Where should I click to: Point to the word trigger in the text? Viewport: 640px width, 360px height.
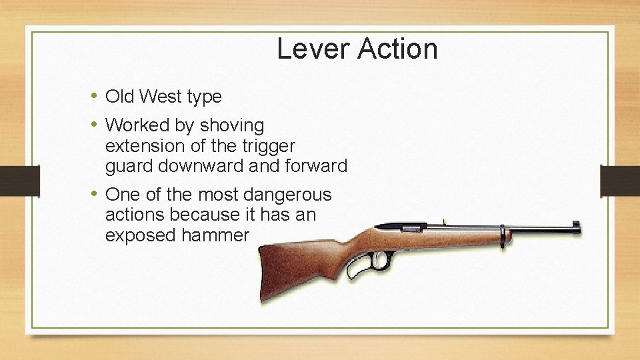click(x=271, y=145)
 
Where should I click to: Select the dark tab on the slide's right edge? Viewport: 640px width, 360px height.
click(x=620, y=181)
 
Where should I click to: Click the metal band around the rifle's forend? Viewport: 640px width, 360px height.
click(x=502, y=235)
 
